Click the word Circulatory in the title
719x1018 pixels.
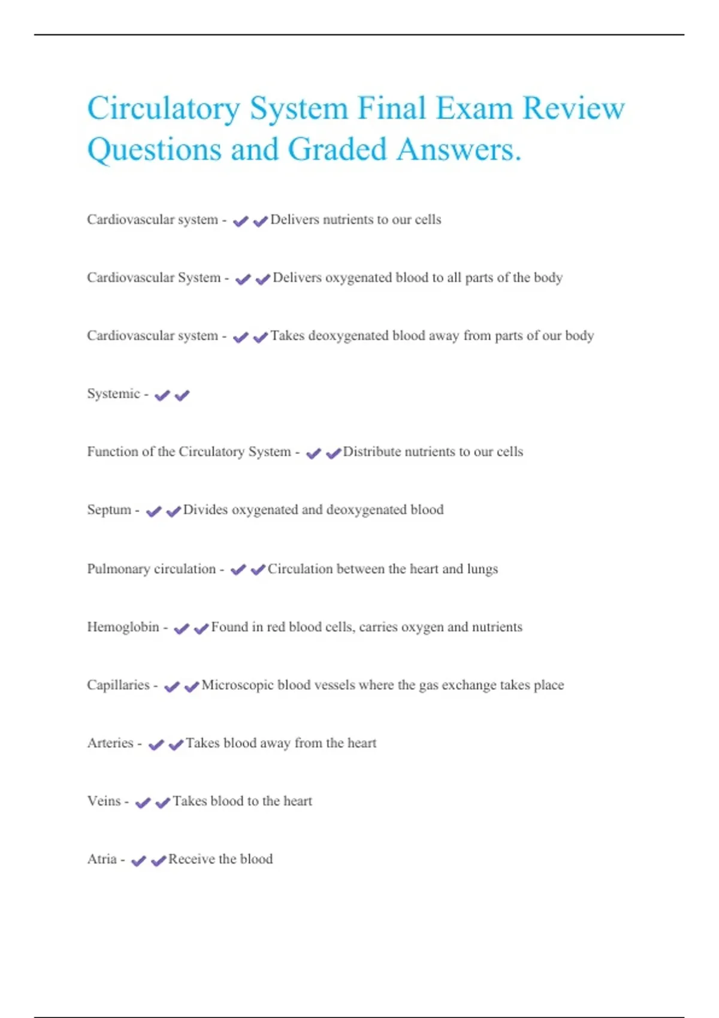point(164,110)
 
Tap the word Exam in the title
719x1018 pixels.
point(474,108)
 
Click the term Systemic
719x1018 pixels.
point(113,394)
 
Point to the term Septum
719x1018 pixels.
point(108,510)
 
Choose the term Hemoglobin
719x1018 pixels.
point(123,627)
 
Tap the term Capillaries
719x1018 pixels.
point(118,685)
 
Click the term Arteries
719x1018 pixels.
point(110,743)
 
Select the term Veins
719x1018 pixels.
point(104,801)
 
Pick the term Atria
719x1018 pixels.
point(102,859)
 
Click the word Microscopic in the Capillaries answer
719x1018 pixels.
point(237,685)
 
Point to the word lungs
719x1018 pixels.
point(482,569)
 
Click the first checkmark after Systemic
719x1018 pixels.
point(162,396)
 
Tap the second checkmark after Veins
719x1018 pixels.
point(162,803)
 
